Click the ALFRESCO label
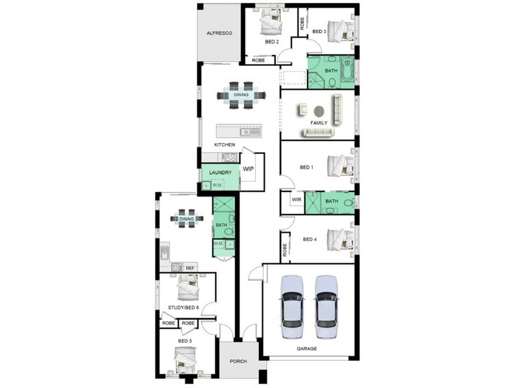tap(219, 32)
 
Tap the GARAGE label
tap(307, 349)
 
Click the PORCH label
tap(238, 361)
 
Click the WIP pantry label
tap(248, 169)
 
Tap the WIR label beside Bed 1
tap(297, 200)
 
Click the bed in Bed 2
tap(271, 25)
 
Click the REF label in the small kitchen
tap(190, 268)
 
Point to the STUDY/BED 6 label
tap(183, 307)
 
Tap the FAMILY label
tap(318, 122)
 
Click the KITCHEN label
tap(225, 144)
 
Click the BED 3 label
tap(319, 31)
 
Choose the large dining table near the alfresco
tap(241, 94)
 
